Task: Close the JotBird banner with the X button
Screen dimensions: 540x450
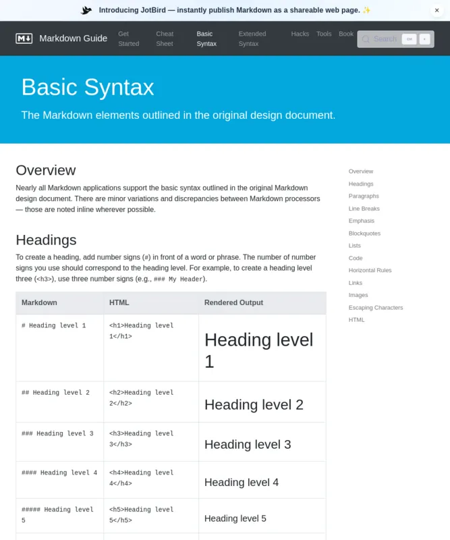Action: pos(437,10)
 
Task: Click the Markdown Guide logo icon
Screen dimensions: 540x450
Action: pos(24,38)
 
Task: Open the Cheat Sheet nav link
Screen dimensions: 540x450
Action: pos(165,38)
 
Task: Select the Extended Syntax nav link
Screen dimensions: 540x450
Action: pos(252,38)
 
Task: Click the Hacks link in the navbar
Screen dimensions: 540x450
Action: pos(300,34)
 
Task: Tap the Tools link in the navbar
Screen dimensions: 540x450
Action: pos(324,34)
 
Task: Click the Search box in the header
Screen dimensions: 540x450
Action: pos(381,39)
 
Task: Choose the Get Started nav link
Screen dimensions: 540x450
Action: pos(128,38)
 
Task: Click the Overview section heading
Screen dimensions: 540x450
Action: pos(46,170)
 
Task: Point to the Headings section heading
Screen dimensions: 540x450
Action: pos(46,240)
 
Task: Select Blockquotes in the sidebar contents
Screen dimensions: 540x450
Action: pos(364,234)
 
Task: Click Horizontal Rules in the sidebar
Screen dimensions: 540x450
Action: pos(370,270)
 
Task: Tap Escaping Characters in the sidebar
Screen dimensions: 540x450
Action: pos(376,308)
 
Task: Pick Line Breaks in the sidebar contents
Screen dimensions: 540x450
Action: pos(364,209)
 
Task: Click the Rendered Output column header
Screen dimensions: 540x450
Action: pos(233,303)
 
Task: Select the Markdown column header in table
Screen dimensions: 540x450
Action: pos(39,303)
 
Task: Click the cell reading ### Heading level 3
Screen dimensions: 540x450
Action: pos(57,433)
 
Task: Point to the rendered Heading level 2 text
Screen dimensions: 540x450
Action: pos(254,405)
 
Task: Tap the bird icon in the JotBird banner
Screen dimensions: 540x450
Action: pos(86,10)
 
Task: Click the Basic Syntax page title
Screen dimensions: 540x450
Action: pos(88,87)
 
